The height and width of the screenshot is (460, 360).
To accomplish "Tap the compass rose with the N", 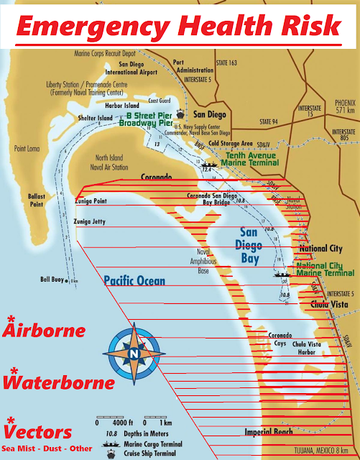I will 134,353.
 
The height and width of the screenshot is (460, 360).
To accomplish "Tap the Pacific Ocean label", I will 134,281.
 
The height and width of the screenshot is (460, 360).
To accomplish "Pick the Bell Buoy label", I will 52,279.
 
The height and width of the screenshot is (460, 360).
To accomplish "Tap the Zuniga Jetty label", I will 91,224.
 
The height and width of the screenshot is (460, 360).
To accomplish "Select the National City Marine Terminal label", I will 320,269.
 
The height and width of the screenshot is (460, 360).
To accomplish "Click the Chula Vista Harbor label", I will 310,349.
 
